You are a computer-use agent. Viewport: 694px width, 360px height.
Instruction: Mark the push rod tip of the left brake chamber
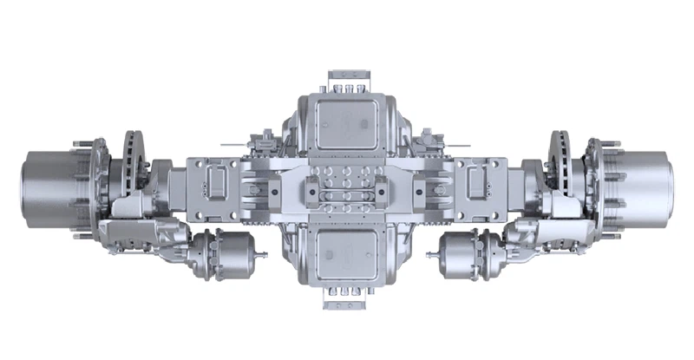tap(264, 255)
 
